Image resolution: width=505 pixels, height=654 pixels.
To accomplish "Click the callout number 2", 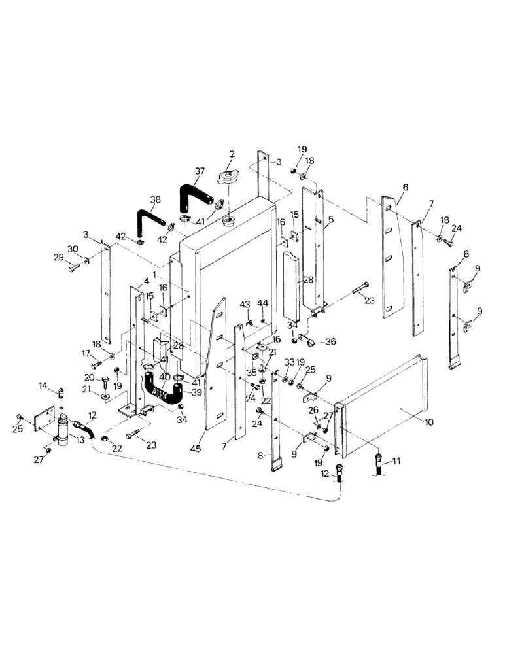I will point(231,154).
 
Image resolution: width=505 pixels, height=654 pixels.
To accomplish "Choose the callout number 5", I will point(330,220).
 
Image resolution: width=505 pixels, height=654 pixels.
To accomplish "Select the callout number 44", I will point(263,304).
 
